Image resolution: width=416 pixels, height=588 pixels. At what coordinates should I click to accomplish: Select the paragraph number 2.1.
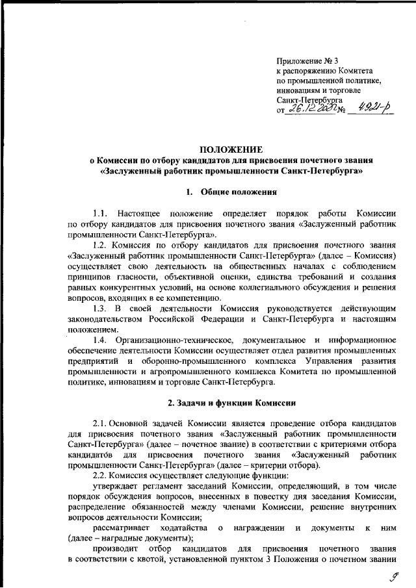point(103,424)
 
